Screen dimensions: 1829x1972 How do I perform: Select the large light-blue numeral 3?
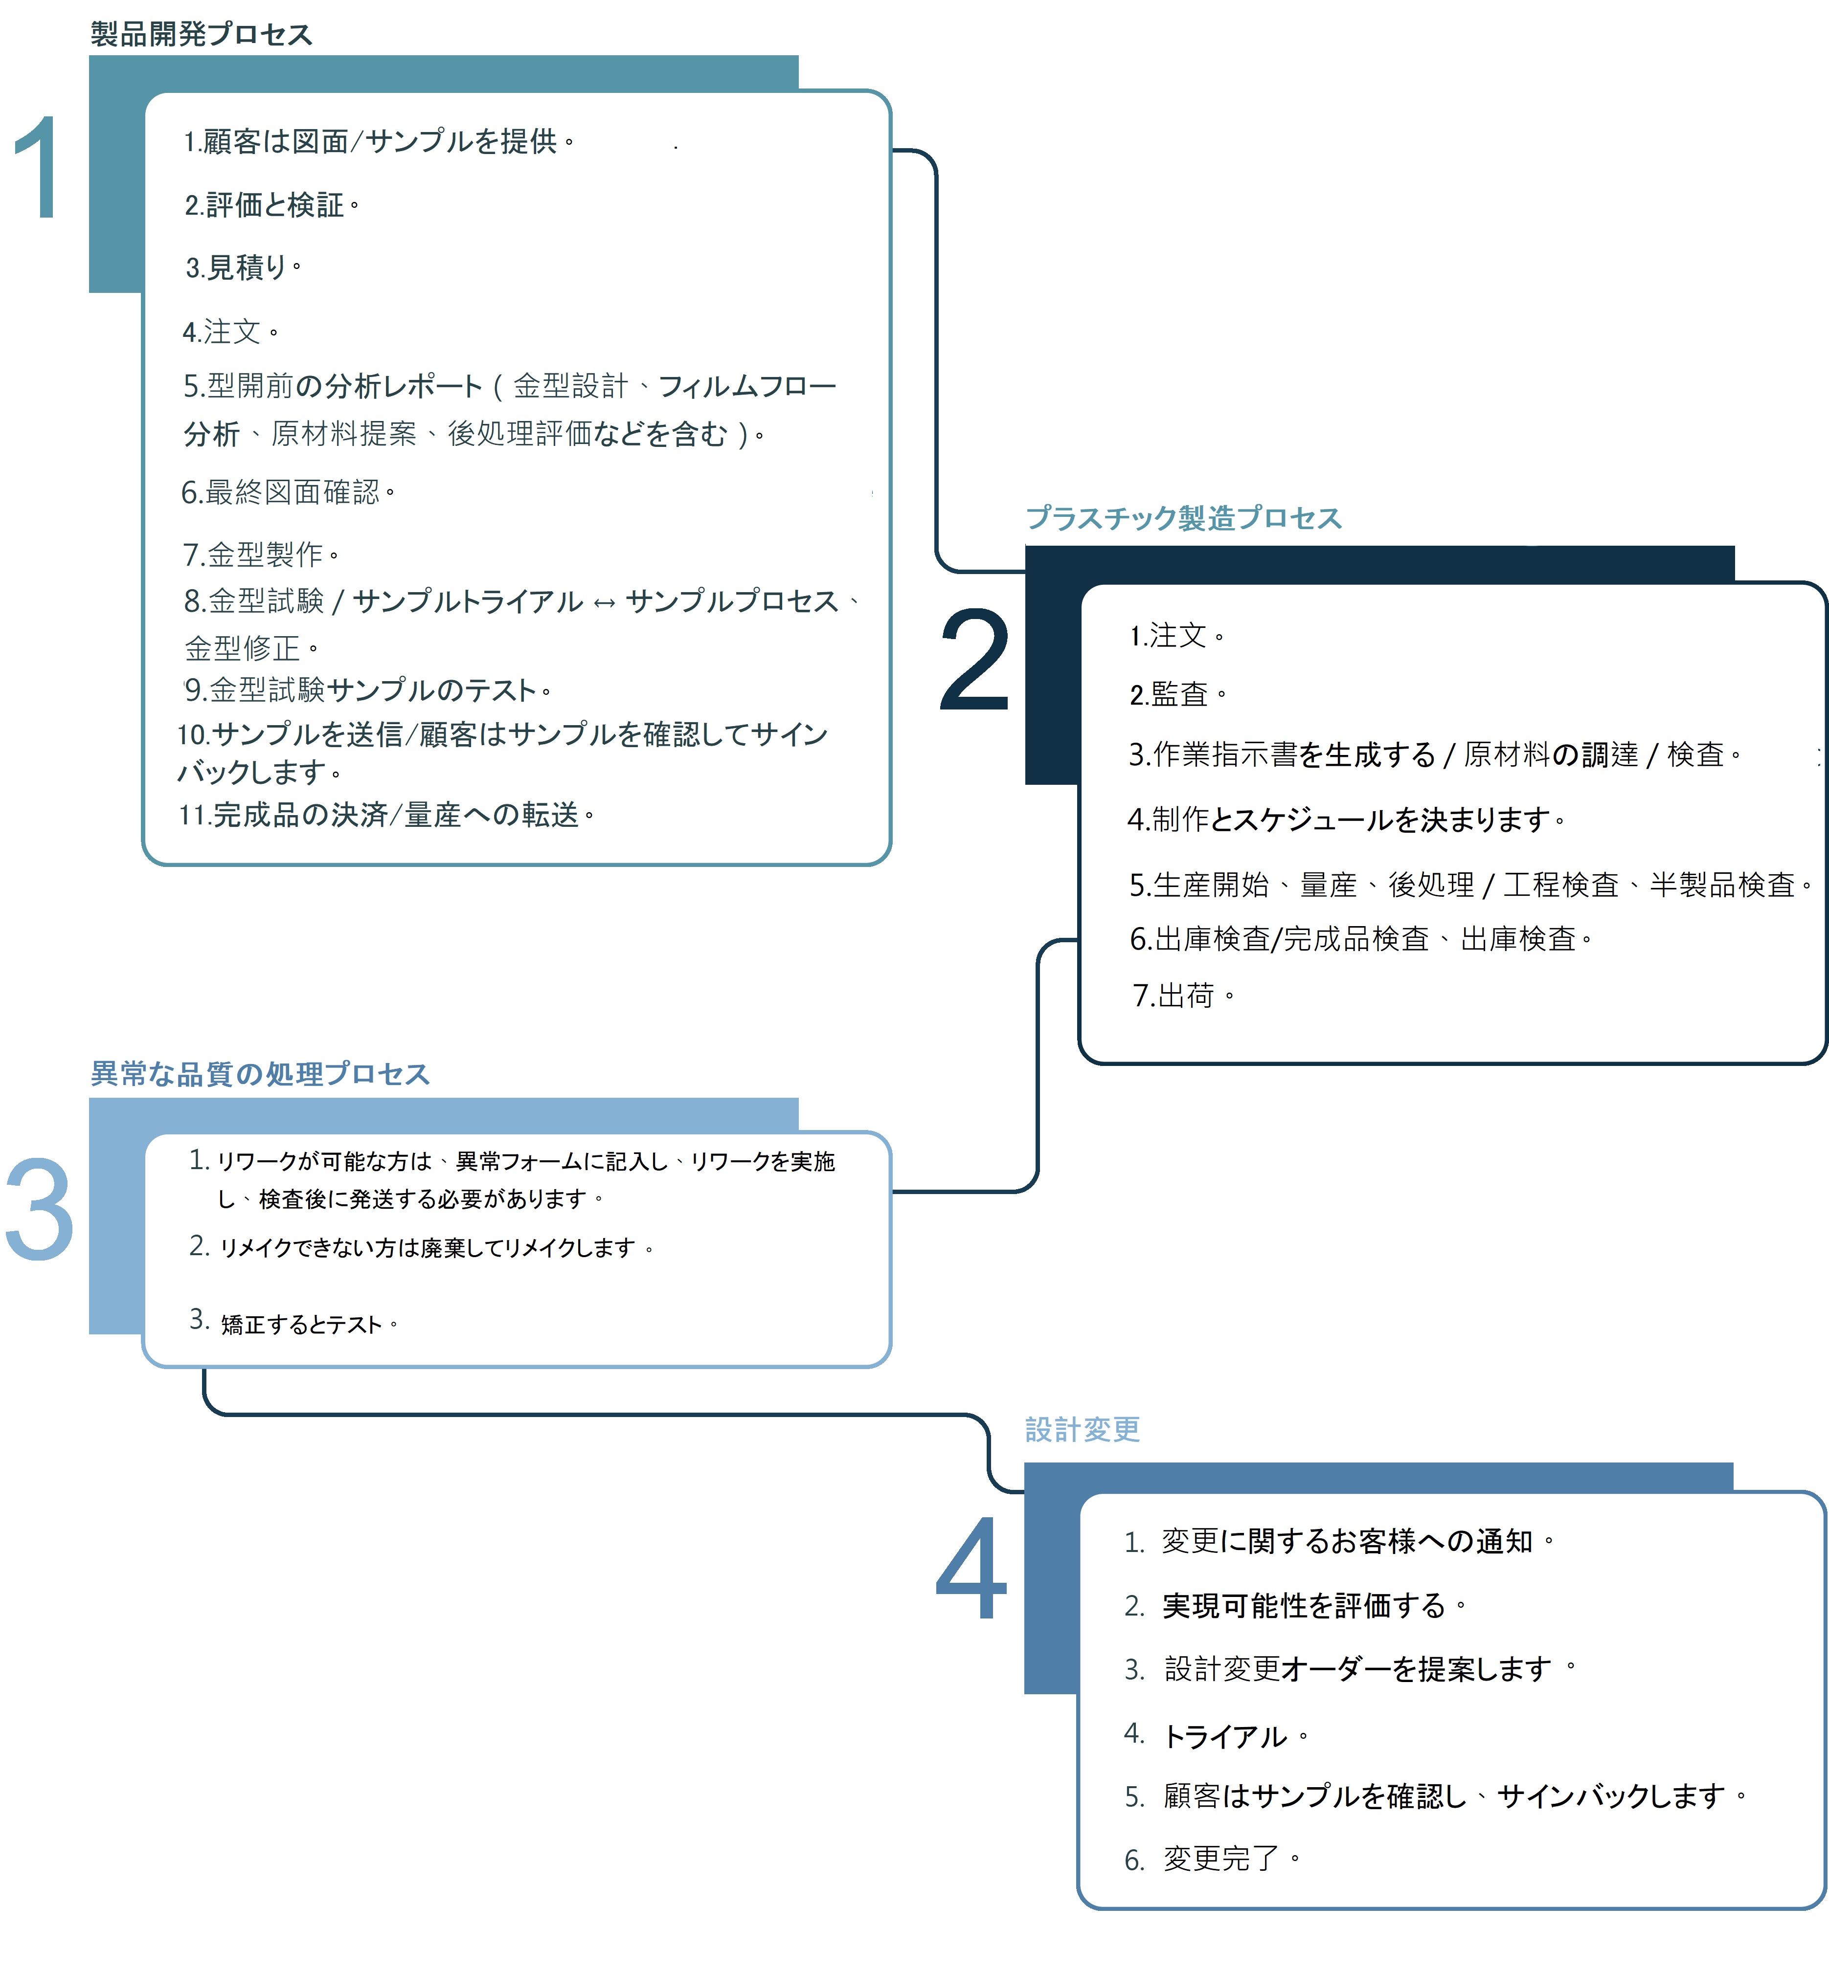40,1209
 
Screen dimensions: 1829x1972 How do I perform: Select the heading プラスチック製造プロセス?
1184,517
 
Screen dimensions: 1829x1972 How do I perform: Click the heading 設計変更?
1083,1429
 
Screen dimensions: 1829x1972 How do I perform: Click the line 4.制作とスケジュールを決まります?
1346,820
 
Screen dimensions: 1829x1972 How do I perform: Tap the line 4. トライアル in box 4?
1217,1735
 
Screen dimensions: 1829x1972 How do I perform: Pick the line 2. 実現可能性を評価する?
1295,1605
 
